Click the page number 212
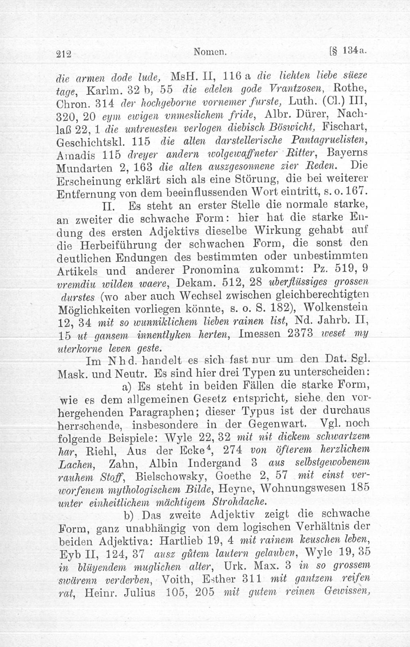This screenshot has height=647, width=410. point(65,54)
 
